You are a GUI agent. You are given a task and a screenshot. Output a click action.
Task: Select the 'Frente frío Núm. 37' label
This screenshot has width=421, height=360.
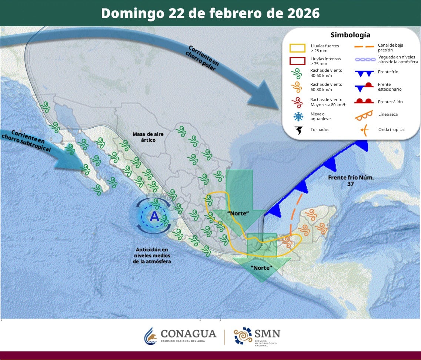[x=351, y=181]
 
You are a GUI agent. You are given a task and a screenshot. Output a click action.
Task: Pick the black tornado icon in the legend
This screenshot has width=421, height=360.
[x=298, y=130]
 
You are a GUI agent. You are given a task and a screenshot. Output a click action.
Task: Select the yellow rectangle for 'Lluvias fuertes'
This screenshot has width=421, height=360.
[x=297, y=48]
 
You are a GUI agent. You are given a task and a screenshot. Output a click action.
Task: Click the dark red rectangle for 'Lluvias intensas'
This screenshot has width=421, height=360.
[x=297, y=61]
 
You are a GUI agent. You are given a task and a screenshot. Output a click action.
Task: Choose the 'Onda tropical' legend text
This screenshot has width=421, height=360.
[x=391, y=129]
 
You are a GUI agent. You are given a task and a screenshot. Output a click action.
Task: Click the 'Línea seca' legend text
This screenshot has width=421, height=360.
[x=388, y=114]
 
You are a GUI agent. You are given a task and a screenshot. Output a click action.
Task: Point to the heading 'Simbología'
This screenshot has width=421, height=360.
[x=350, y=35]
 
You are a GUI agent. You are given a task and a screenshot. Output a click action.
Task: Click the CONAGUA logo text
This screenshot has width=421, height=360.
[x=188, y=334]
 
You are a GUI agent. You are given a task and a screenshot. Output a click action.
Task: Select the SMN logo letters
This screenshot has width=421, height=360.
[x=267, y=333]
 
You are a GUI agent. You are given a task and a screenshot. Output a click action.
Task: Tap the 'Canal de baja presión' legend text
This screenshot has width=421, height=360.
[x=390, y=47]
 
